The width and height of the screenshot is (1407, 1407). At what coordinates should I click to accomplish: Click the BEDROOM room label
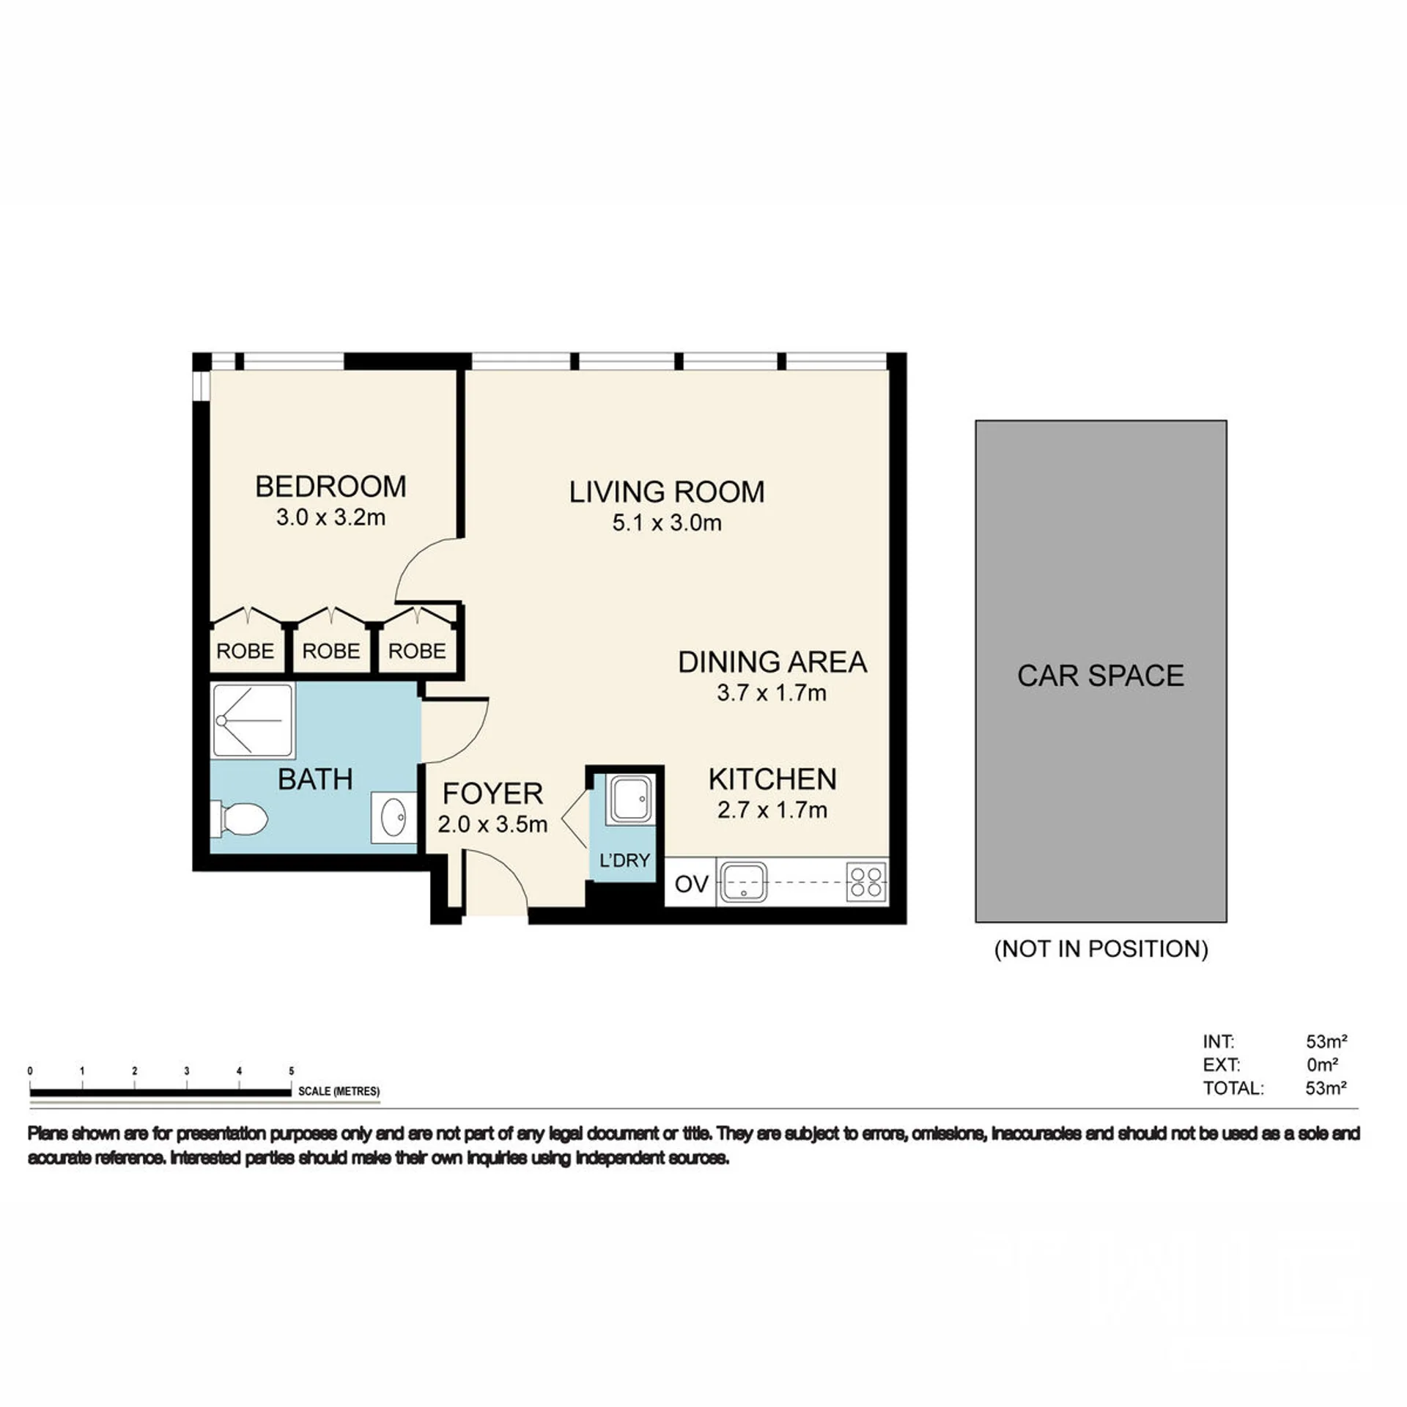tap(330, 487)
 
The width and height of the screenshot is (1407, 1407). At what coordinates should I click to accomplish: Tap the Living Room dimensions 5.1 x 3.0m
tap(667, 523)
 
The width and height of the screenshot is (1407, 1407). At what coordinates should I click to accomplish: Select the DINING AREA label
tap(772, 662)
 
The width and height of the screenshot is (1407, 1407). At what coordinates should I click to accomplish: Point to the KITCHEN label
tap(772, 779)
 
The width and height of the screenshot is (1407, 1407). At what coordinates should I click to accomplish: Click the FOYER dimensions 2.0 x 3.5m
tap(492, 824)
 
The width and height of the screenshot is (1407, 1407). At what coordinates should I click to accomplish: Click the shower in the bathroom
tap(253, 720)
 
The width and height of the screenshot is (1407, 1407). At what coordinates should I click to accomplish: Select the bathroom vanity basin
tap(394, 817)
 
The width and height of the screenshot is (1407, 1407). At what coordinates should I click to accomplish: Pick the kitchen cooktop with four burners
tap(866, 882)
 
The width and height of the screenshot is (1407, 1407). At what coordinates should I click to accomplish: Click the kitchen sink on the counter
tap(744, 881)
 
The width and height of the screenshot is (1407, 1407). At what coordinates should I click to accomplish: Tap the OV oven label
tap(691, 885)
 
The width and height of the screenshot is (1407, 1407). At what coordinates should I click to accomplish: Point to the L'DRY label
tap(624, 860)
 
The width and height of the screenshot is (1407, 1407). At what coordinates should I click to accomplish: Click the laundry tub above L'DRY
tap(629, 799)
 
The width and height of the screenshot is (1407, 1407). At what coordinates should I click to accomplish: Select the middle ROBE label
tap(331, 651)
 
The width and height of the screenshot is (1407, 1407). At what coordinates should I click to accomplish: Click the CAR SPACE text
tap(1101, 676)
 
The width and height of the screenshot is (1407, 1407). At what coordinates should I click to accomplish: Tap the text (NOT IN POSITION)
tap(1101, 949)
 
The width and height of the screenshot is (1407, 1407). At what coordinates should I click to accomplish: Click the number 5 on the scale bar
tap(292, 1071)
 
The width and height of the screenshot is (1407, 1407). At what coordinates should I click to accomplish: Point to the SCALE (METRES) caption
tap(339, 1091)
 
